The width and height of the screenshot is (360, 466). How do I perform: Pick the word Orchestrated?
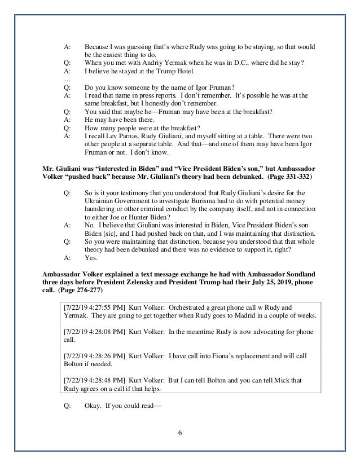[191, 307]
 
